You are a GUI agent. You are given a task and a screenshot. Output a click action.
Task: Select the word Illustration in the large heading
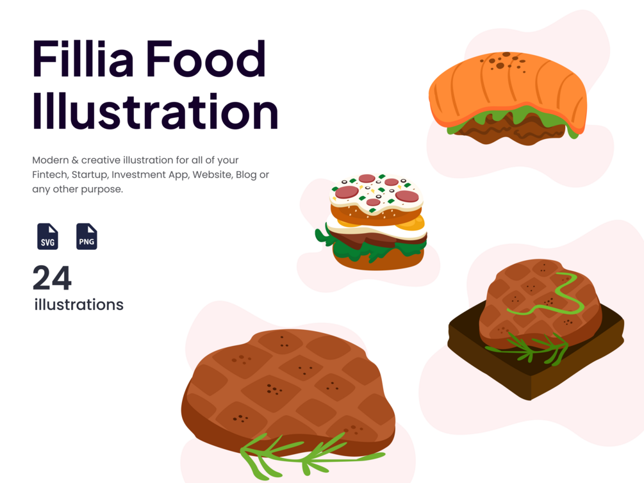(x=155, y=112)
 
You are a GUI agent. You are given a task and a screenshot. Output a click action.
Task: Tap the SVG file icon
(x=47, y=236)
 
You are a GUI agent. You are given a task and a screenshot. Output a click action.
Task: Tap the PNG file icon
(x=87, y=236)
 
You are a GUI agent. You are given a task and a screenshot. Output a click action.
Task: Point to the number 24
(x=52, y=278)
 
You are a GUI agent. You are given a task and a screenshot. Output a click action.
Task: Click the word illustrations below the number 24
(x=79, y=304)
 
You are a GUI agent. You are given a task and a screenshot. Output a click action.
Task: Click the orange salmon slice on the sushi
(x=506, y=86)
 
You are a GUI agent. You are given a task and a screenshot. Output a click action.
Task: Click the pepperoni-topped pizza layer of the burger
(x=377, y=192)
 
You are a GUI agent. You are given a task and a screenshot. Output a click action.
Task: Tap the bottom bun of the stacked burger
(x=378, y=259)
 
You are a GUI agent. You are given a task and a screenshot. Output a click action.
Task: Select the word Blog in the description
(x=250, y=174)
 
